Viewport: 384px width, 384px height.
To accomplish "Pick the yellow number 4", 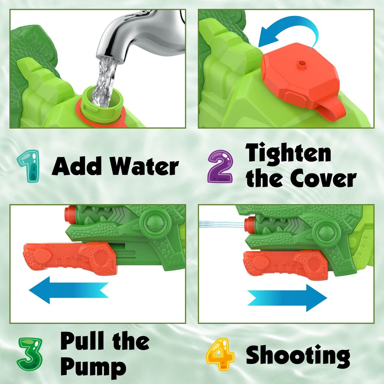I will pyautogui.click(x=220, y=355).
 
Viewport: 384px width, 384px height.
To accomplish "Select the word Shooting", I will pyautogui.click(x=298, y=355).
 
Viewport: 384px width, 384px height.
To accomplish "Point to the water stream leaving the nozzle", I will pyautogui.click(x=221, y=224).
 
